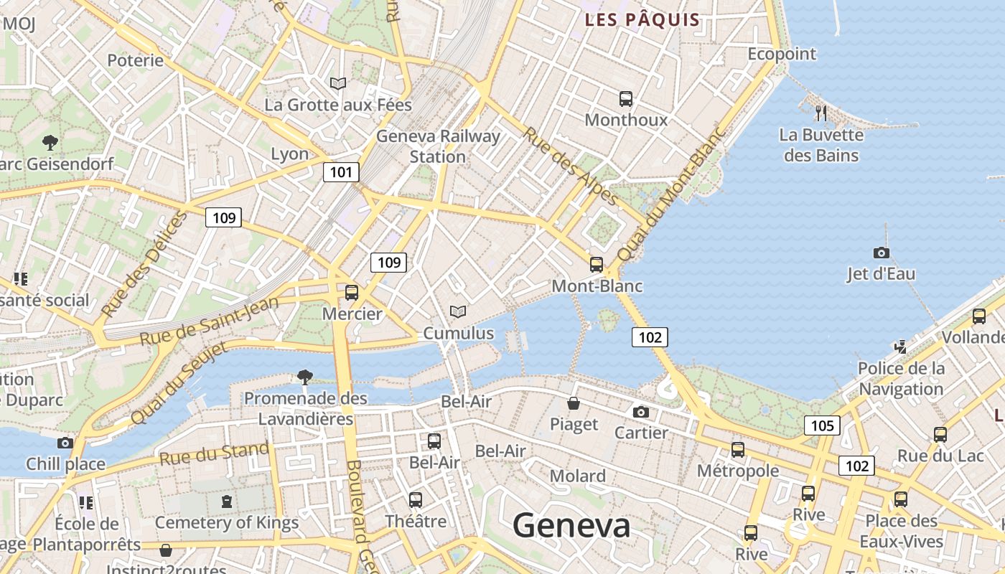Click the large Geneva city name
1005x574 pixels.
point(571,526)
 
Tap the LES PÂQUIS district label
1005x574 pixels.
point(642,19)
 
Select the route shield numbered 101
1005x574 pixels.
point(341,171)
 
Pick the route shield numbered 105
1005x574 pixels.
point(822,425)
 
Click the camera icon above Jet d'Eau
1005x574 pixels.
point(881,253)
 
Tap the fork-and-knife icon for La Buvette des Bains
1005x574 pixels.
point(821,113)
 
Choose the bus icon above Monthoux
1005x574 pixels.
point(626,99)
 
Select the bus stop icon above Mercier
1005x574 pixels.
point(352,293)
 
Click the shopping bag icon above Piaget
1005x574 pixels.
point(574,403)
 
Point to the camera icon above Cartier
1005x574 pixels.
point(641,412)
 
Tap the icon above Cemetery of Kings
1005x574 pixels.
point(227,502)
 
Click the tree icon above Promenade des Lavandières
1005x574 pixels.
point(305,377)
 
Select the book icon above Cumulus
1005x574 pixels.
point(458,311)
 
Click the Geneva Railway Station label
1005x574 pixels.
point(438,146)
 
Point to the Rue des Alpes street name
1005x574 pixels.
point(570,166)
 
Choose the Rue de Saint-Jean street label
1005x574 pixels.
point(209,321)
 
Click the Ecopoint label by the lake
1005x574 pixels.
point(782,54)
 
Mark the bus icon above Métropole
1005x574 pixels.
point(737,450)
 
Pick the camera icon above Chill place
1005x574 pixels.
point(65,443)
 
